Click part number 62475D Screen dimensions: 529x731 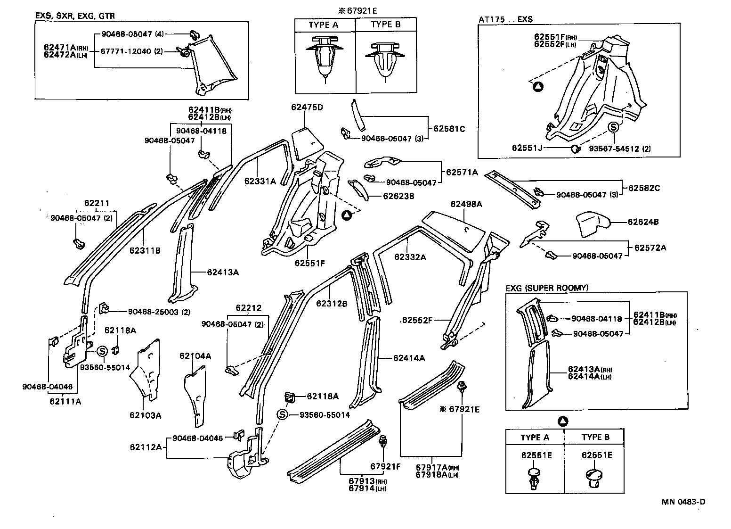(x=307, y=107)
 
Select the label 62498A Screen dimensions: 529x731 (x=466, y=204)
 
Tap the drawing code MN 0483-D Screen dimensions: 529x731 (x=683, y=502)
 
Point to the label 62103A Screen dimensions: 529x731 (x=146, y=415)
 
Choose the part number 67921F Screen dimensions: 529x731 (x=385, y=466)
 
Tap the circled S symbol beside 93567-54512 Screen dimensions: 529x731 (x=613, y=127)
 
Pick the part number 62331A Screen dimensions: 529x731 (x=260, y=181)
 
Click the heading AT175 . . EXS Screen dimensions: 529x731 (x=505, y=19)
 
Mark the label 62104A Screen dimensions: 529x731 (x=195, y=356)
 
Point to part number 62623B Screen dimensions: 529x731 (x=398, y=196)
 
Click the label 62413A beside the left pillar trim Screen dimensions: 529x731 (x=222, y=272)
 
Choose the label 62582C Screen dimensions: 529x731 (x=644, y=188)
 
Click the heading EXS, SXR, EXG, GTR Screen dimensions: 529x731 (x=75, y=16)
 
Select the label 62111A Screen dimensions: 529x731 (x=65, y=401)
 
